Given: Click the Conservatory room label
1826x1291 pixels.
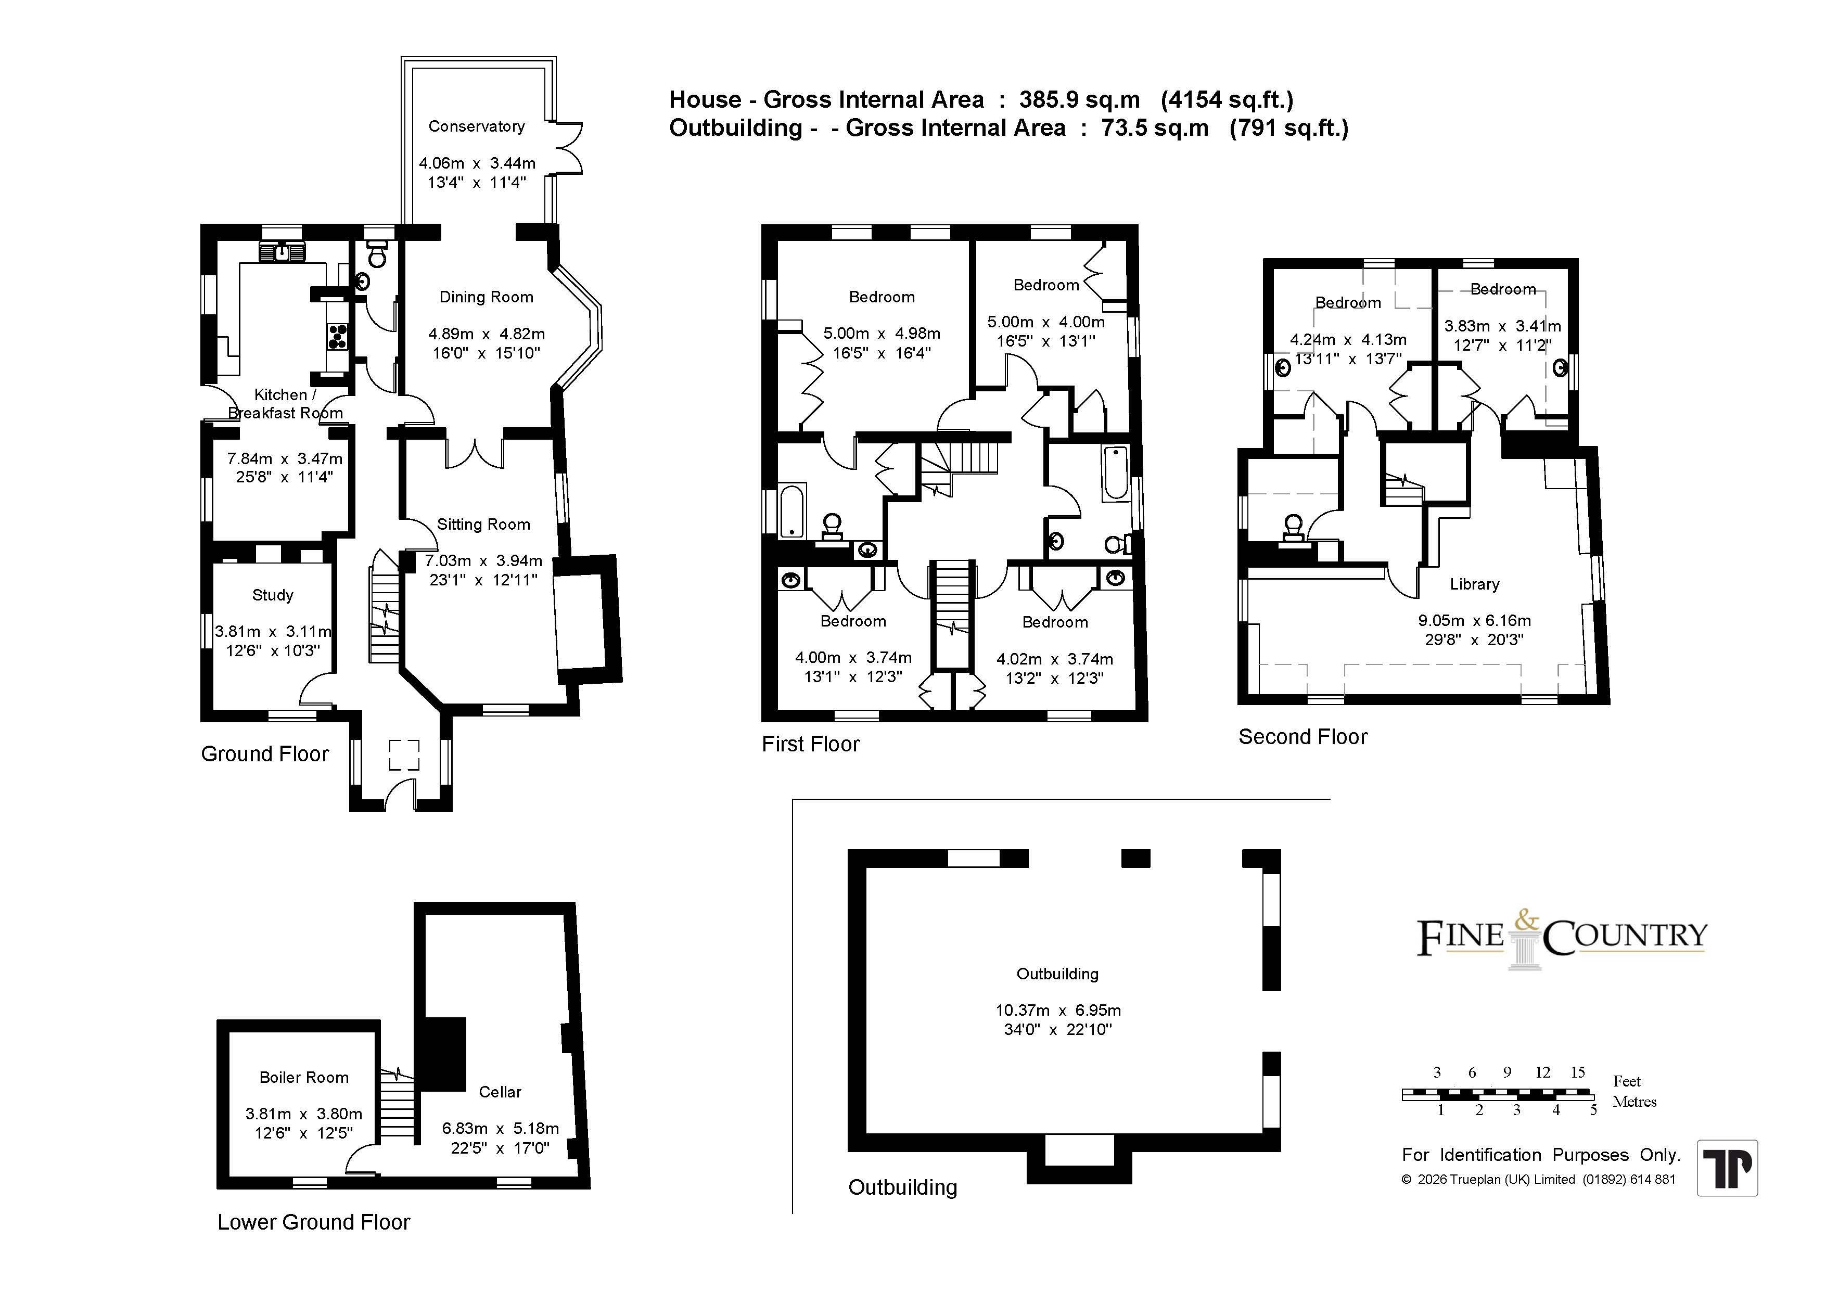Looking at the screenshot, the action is coord(476,126).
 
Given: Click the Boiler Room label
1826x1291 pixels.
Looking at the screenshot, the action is coord(304,1078).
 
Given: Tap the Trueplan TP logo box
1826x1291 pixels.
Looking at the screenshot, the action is coord(1727,1168).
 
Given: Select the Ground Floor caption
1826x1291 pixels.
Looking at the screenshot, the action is coord(265,754).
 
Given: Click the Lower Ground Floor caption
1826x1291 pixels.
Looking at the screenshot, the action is coord(313,1223).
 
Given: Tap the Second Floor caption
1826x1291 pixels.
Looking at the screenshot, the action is coord(1303,737).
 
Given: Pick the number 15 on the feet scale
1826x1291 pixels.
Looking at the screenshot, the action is coord(1578,1072).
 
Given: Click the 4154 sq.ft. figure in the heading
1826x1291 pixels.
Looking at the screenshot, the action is coord(1227,100).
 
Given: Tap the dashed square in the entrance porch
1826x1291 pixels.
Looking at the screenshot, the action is coord(404,755).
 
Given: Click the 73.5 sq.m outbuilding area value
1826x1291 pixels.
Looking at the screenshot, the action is coord(1155,128).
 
